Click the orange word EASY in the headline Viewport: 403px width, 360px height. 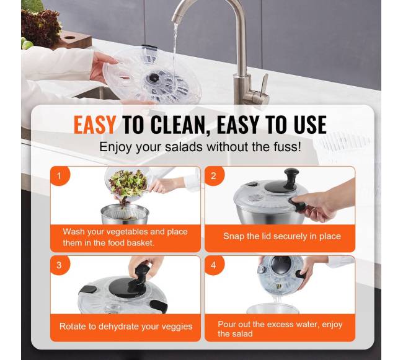pos(94,125)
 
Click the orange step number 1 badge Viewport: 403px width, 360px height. pos(60,176)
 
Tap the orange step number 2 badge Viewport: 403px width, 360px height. pos(214,176)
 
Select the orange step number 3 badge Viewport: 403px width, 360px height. pos(60,265)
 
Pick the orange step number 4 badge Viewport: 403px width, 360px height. pos(214,265)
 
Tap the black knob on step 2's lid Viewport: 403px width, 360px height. pos(291,175)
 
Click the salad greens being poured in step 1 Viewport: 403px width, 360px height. pos(128,184)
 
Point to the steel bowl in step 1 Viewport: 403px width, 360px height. pos(125,214)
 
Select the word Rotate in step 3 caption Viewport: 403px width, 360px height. pos(73,327)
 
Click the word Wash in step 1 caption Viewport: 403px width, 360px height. pos(74,232)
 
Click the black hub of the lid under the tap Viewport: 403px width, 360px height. pos(154,77)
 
